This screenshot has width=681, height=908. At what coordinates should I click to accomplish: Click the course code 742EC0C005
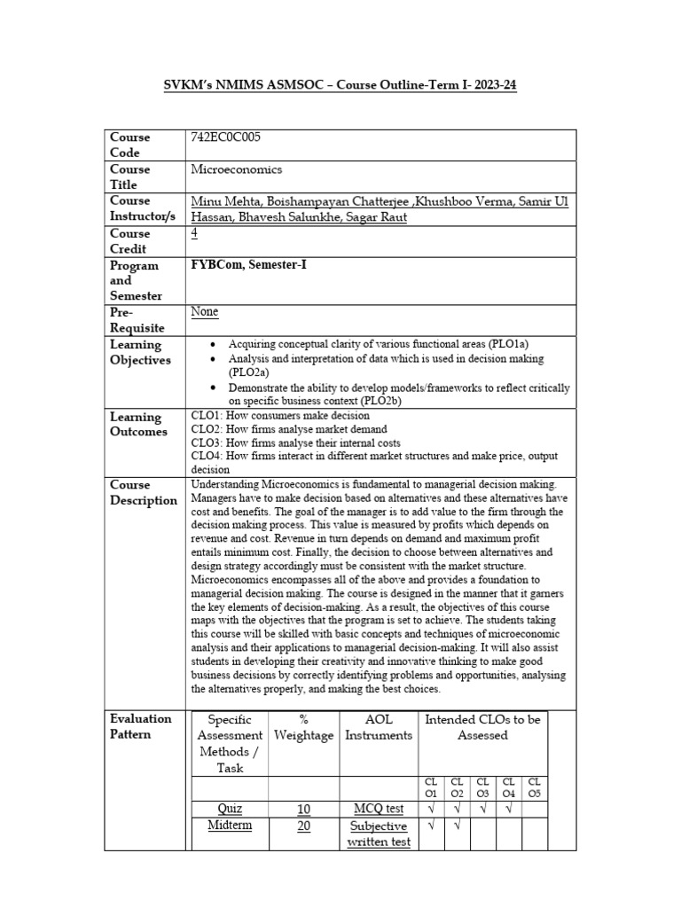pos(226,137)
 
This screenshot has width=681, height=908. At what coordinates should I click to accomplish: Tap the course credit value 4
pos(195,233)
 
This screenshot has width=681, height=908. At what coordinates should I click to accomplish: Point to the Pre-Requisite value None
pos(205,312)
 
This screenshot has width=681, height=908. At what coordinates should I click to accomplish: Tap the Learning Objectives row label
pos(136,352)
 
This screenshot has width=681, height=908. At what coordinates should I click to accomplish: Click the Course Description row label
pos(143,492)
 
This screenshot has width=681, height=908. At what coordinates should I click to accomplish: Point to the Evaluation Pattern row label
pos(141,726)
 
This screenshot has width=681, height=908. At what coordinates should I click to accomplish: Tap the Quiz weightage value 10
pos(303,809)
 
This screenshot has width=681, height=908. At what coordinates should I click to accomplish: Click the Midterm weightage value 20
pos(303,825)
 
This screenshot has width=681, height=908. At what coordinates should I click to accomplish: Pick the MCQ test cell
pos(379,809)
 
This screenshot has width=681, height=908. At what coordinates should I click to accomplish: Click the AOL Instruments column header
pos(379,727)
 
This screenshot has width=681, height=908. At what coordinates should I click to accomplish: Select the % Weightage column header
pos(304,727)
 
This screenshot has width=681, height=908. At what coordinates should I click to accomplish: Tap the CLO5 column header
pos(534,787)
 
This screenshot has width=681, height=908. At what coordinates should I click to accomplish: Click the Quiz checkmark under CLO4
pos(508,808)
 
